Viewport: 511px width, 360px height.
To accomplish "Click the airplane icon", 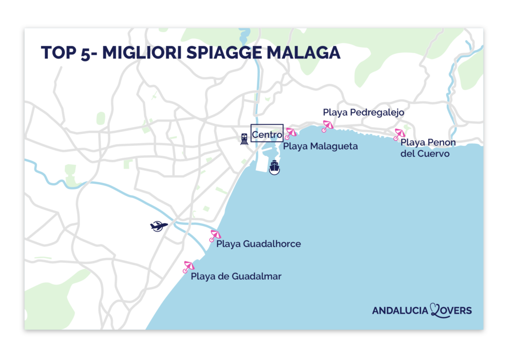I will (x=159, y=226).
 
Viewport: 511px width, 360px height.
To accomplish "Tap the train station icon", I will (x=244, y=138).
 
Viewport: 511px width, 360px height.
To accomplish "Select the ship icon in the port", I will (x=274, y=167).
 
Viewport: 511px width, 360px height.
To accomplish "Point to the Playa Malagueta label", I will (x=320, y=147).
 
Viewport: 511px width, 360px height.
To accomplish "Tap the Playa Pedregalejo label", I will (x=363, y=113).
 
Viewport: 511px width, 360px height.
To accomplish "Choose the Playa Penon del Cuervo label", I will (x=428, y=148).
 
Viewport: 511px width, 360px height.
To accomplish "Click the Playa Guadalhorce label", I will (x=258, y=244).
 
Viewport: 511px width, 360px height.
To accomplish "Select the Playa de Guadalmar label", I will (x=236, y=276).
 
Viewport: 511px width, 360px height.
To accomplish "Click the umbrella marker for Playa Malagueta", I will (x=290, y=133).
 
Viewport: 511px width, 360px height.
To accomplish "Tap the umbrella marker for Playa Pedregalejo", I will (x=327, y=126).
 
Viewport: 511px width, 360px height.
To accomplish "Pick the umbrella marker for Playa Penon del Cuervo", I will (x=399, y=134).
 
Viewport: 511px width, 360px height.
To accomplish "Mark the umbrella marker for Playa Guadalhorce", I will (x=215, y=235).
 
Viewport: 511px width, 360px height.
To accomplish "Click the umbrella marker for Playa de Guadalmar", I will (x=189, y=267).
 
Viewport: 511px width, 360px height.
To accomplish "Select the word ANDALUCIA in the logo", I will (x=400, y=311).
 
